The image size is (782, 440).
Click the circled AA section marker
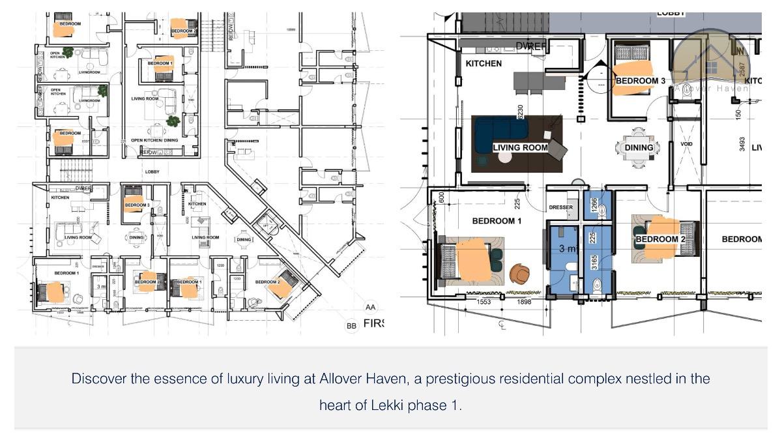[x=371, y=307]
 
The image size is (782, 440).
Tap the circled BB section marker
[x=352, y=325]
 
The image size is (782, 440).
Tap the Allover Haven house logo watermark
[x=712, y=63]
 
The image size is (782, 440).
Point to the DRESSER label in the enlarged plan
[x=561, y=208]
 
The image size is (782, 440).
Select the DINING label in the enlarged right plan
[x=639, y=148]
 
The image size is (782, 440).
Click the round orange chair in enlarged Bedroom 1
[x=520, y=273]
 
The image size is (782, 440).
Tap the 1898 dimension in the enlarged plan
[x=524, y=302]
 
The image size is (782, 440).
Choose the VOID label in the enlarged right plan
[x=686, y=144]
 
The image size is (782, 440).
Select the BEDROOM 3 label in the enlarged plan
[x=640, y=81]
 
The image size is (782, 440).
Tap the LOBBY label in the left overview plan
[x=152, y=172]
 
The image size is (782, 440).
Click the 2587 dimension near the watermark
[x=743, y=69]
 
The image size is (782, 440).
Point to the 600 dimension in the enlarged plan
[x=442, y=197]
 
